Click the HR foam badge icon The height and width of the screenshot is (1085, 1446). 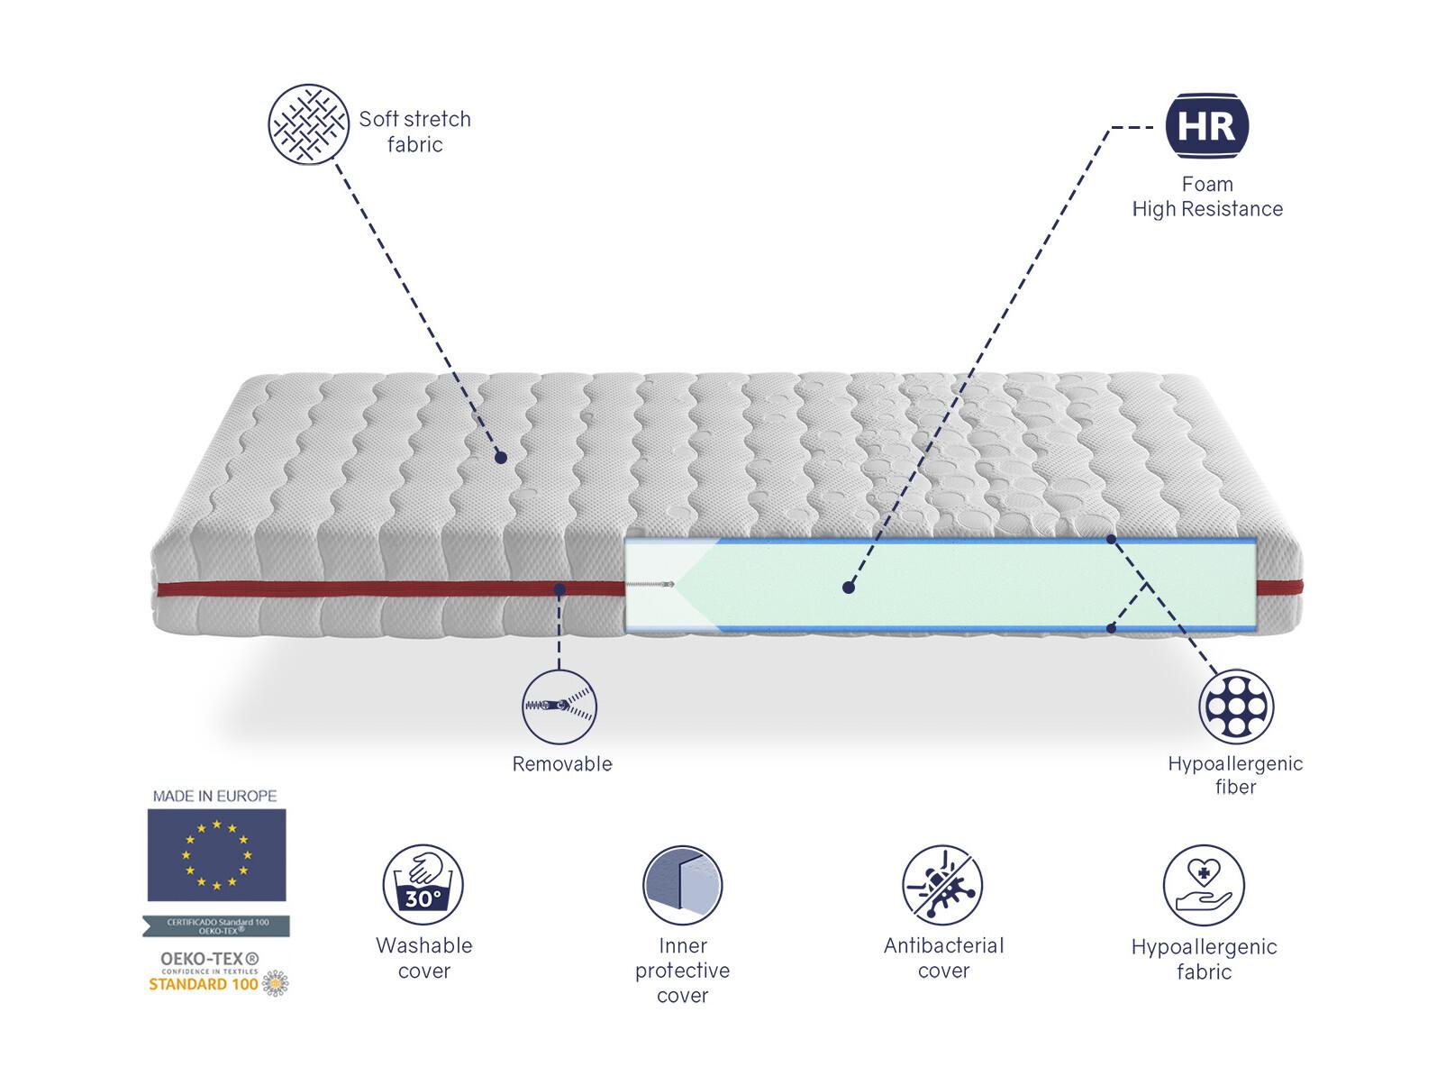[x=1206, y=126]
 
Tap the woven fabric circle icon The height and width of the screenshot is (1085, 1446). [x=308, y=123]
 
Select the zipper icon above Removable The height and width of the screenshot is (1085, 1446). [x=559, y=707]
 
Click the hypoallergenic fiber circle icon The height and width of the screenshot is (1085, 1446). [x=1236, y=707]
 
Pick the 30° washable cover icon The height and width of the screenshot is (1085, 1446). [x=423, y=885]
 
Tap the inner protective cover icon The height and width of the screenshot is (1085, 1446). [x=683, y=885]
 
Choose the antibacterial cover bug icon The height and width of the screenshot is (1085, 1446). [x=942, y=885]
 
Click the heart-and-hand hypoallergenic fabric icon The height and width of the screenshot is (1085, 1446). [x=1204, y=885]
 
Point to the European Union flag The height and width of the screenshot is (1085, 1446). [x=217, y=855]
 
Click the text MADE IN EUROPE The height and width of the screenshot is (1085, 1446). [x=214, y=796]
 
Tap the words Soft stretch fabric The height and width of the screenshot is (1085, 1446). [x=415, y=132]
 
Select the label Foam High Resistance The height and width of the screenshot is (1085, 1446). [x=1207, y=196]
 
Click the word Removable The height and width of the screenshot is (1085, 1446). [x=562, y=764]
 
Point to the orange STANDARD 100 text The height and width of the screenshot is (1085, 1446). [x=203, y=984]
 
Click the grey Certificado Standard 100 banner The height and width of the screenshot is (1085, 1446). [x=216, y=926]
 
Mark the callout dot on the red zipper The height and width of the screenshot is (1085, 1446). [x=559, y=588]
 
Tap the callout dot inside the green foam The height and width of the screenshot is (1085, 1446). [x=849, y=587]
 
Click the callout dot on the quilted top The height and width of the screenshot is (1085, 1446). [x=501, y=457]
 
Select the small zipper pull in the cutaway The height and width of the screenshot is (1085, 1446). [x=650, y=584]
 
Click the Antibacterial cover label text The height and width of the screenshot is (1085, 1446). [x=943, y=958]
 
